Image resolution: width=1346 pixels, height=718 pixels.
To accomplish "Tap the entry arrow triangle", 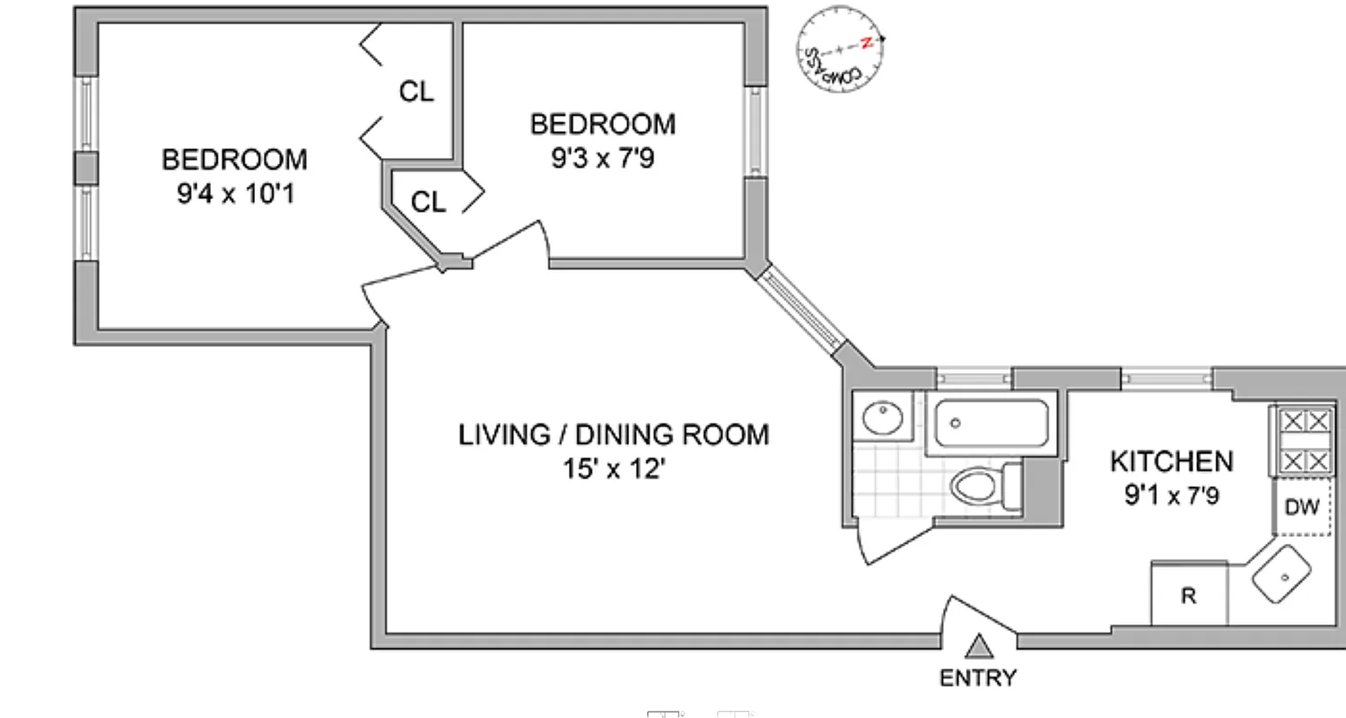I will pos(980,646).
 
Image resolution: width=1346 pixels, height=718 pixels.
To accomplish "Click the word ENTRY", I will pos(978,678).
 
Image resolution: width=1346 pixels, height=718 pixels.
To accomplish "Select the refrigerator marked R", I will pos(1189,595).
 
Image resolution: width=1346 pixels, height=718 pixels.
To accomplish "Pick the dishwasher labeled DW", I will pos(1302,507).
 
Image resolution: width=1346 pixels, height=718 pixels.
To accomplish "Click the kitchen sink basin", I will pos(1282,574).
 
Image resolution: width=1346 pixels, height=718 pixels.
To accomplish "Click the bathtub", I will pos(991,425).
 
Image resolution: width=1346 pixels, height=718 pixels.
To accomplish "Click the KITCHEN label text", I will pos(1171,461).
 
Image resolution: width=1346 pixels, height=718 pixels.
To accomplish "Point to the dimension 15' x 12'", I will pos(614,468).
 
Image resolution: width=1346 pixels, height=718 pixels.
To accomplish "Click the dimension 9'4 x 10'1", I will pos(234,193).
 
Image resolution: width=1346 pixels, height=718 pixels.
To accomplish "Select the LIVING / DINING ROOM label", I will pos(614,435).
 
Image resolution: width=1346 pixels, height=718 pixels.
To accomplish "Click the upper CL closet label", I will pos(415,92).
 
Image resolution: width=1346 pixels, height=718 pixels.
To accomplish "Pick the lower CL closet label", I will pos(428,203).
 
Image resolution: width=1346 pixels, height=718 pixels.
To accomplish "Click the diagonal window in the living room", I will pos(799,308).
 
